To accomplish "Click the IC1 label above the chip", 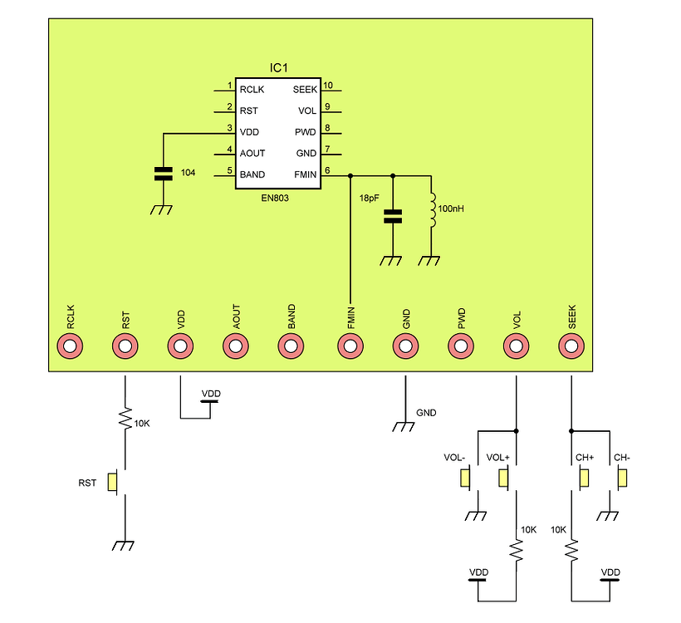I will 278,66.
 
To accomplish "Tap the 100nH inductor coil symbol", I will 431,210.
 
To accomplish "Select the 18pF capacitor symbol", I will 393,218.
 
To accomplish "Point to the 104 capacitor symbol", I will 162,174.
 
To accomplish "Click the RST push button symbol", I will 114,482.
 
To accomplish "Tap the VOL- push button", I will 466,478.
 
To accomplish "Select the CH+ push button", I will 584,478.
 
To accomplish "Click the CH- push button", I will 622,478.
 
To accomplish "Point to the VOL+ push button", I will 503,478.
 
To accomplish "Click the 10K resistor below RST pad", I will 125,419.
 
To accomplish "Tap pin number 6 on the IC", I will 327,170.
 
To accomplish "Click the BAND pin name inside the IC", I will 252,174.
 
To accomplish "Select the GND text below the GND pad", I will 426,413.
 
